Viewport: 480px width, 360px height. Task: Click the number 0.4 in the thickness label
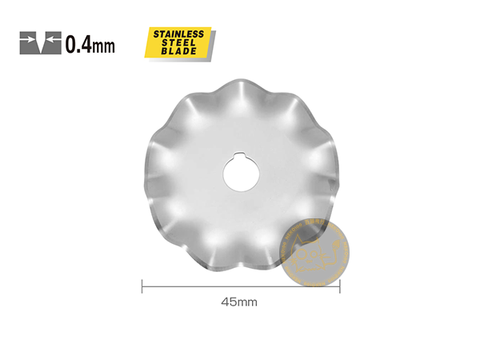point(78,44)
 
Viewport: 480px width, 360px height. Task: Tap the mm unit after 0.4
point(103,46)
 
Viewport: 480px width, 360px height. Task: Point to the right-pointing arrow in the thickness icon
point(29,37)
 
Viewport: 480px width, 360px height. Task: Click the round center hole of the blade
point(241,170)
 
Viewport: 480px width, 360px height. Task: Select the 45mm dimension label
point(239,302)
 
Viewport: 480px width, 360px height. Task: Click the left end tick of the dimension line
point(142,285)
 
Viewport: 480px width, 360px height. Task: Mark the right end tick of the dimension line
point(341,285)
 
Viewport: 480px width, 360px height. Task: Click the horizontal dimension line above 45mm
point(240,285)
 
